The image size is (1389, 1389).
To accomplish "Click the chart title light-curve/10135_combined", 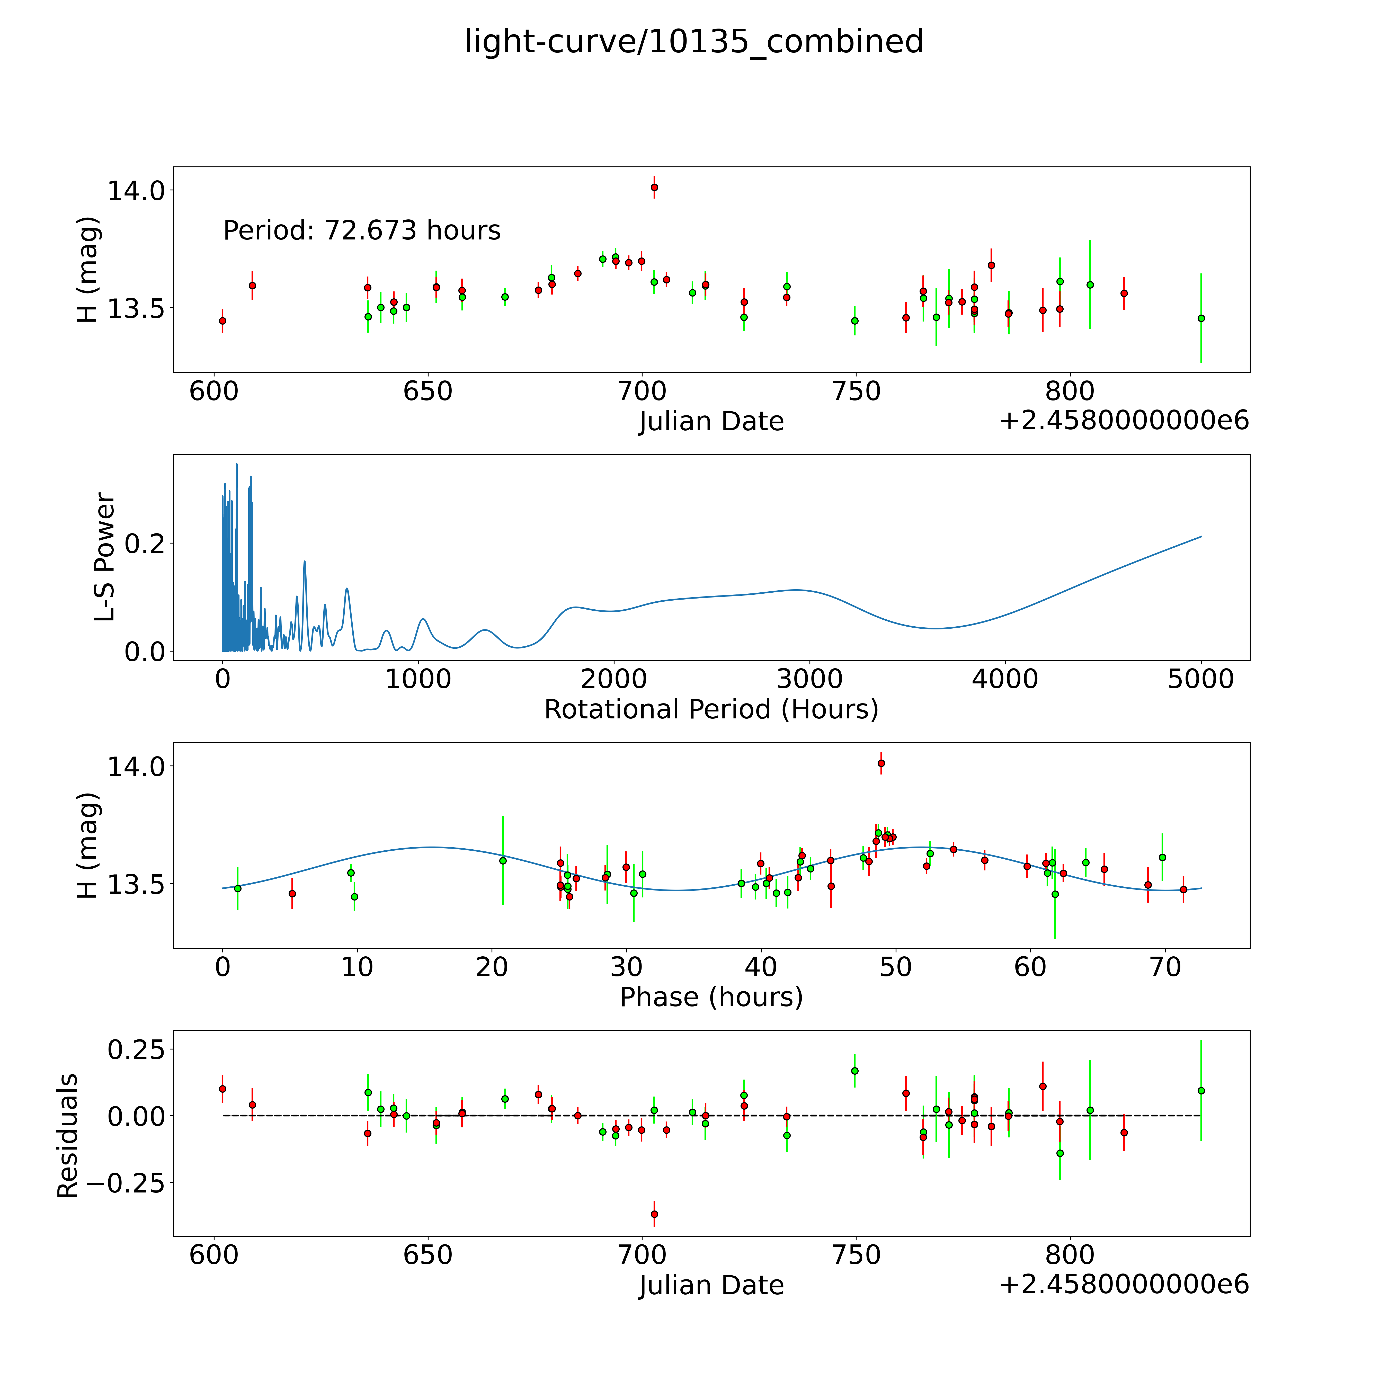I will (694, 42).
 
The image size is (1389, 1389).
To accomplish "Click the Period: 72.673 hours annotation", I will (362, 231).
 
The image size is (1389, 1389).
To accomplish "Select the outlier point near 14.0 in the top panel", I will (654, 188).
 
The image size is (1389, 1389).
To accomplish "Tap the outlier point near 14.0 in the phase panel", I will (881, 763).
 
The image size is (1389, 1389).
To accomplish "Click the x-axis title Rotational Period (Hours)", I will (711, 710).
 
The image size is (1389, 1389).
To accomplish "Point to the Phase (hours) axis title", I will (711, 997).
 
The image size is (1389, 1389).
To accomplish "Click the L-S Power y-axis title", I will (105, 557).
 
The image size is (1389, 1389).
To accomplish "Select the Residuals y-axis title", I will (67, 1136).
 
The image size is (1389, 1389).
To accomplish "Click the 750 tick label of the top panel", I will (856, 392).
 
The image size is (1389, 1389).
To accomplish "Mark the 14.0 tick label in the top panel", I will (136, 191).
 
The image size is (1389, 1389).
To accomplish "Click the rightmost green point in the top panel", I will (1201, 318).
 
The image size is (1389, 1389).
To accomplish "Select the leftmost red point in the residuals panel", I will (222, 1089).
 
